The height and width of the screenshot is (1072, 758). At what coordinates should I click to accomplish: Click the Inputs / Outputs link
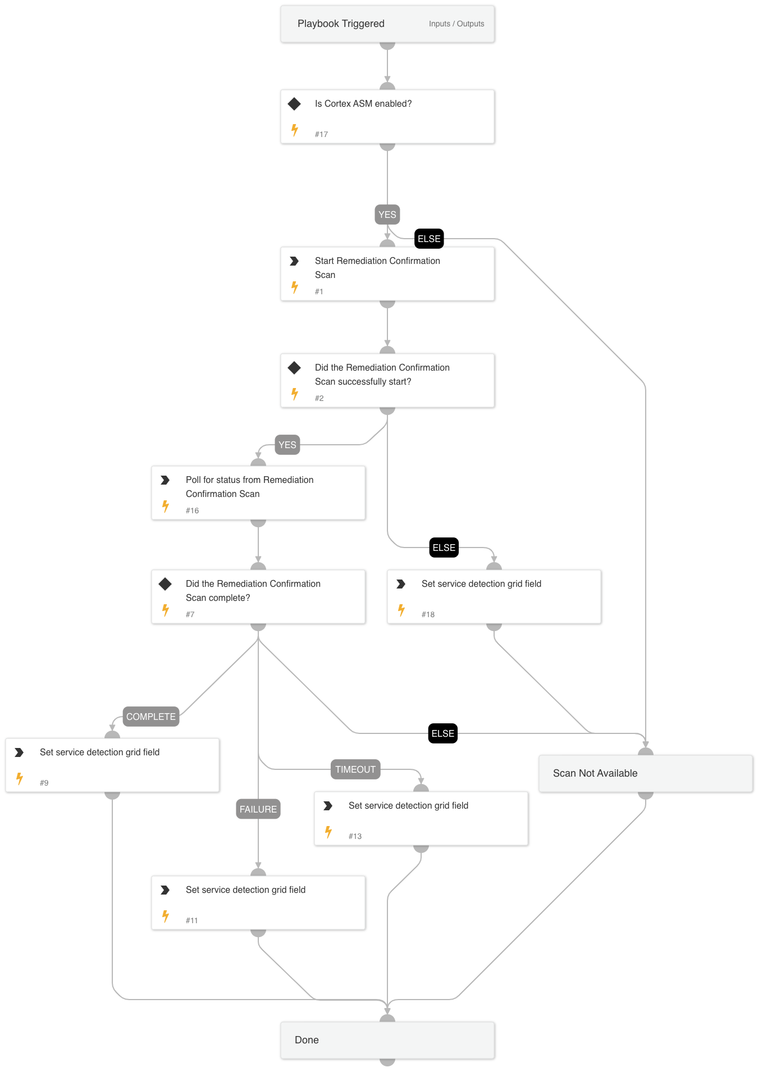[x=456, y=24]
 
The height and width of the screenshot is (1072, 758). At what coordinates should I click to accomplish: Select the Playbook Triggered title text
[x=341, y=24]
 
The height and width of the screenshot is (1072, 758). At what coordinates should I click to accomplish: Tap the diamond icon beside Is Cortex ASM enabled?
[x=294, y=104]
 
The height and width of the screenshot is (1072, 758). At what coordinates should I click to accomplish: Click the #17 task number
[x=321, y=134]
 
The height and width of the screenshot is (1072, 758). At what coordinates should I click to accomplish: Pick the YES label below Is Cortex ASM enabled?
[x=387, y=215]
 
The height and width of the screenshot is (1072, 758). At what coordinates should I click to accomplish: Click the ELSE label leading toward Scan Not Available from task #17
[x=429, y=239]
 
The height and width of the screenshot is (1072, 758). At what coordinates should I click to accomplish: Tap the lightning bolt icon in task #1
[x=295, y=288]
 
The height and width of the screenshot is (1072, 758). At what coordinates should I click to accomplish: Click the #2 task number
[x=319, y=398]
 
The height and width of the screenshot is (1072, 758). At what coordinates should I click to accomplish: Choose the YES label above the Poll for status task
[x=287, y=445]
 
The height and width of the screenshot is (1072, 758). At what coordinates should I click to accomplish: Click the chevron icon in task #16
[x=165, y=480]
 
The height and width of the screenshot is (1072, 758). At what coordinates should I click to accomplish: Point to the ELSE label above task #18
[x=444, y=548]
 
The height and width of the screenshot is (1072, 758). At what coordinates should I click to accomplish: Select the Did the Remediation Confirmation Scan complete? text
[x=253, y=591]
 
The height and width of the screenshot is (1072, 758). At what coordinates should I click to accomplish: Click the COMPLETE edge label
[x=150, y=717]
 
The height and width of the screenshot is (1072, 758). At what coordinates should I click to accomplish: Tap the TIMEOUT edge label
[x=355, y=769]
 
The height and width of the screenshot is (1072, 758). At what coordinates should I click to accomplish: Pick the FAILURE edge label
[x=258, y=809]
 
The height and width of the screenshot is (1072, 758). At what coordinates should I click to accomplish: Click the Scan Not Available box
[x=645, y=773]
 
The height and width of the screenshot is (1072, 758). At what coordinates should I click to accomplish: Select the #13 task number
[x=355, y=836]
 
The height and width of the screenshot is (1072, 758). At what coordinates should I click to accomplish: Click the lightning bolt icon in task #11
[x=166, y=916]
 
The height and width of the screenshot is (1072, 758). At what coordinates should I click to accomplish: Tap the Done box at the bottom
[x=387, y=1040]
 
